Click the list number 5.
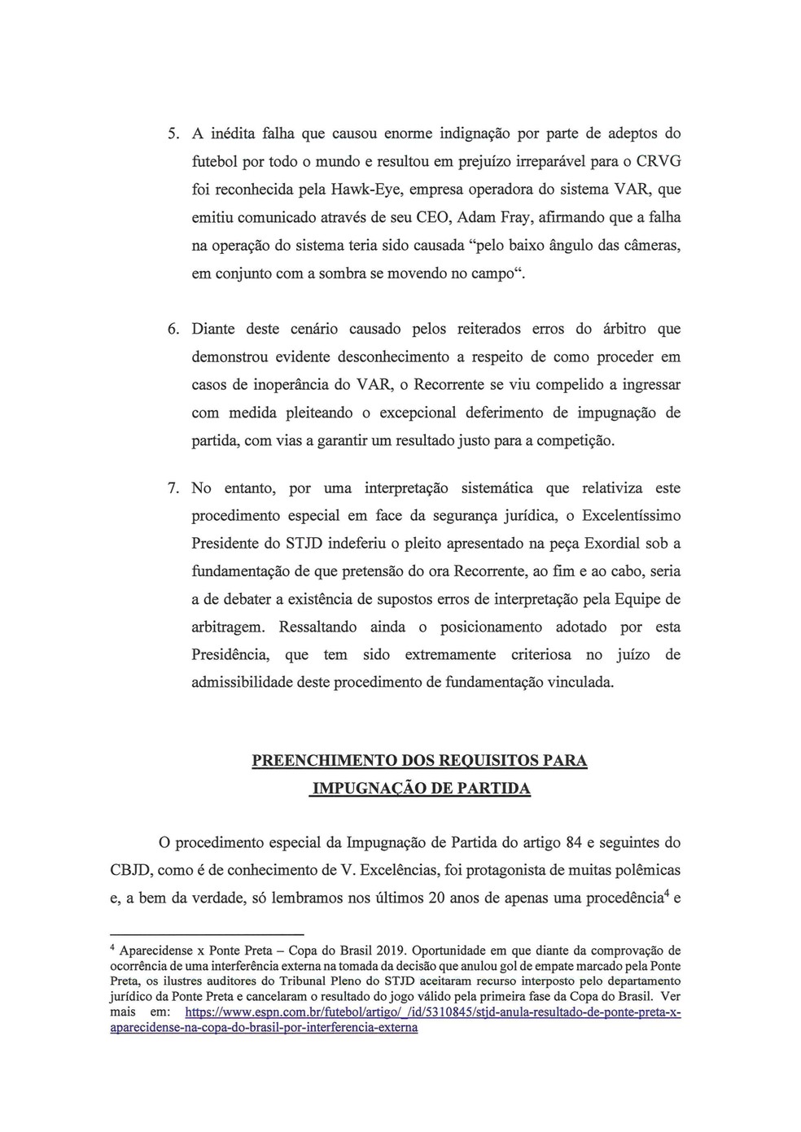pos(173,133)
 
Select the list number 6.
pos(173,330)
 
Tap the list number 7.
pos(173,488)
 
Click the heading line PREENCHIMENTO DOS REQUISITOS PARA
pos(419,761)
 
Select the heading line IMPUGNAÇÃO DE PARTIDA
pos(420,789)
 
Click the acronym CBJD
pos(130,870)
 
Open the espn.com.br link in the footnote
pos(432,1013)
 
